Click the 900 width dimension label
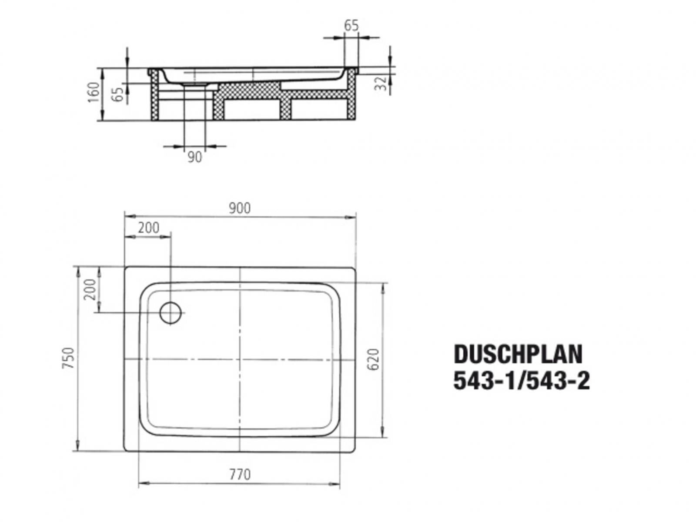click(240, 208)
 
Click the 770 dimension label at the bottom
click(240, 474)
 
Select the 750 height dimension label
click(69, 358)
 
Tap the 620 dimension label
click(374, 359)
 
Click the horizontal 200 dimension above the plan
click(149, 228)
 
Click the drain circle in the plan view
click(170, 312)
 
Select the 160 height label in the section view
click(94, 92)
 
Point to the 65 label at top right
click(351, 26)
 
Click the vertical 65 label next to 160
click(117, 94)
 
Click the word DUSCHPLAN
click(518, 355)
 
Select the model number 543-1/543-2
click(522, 381)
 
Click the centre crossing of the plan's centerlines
click(240, 359)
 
